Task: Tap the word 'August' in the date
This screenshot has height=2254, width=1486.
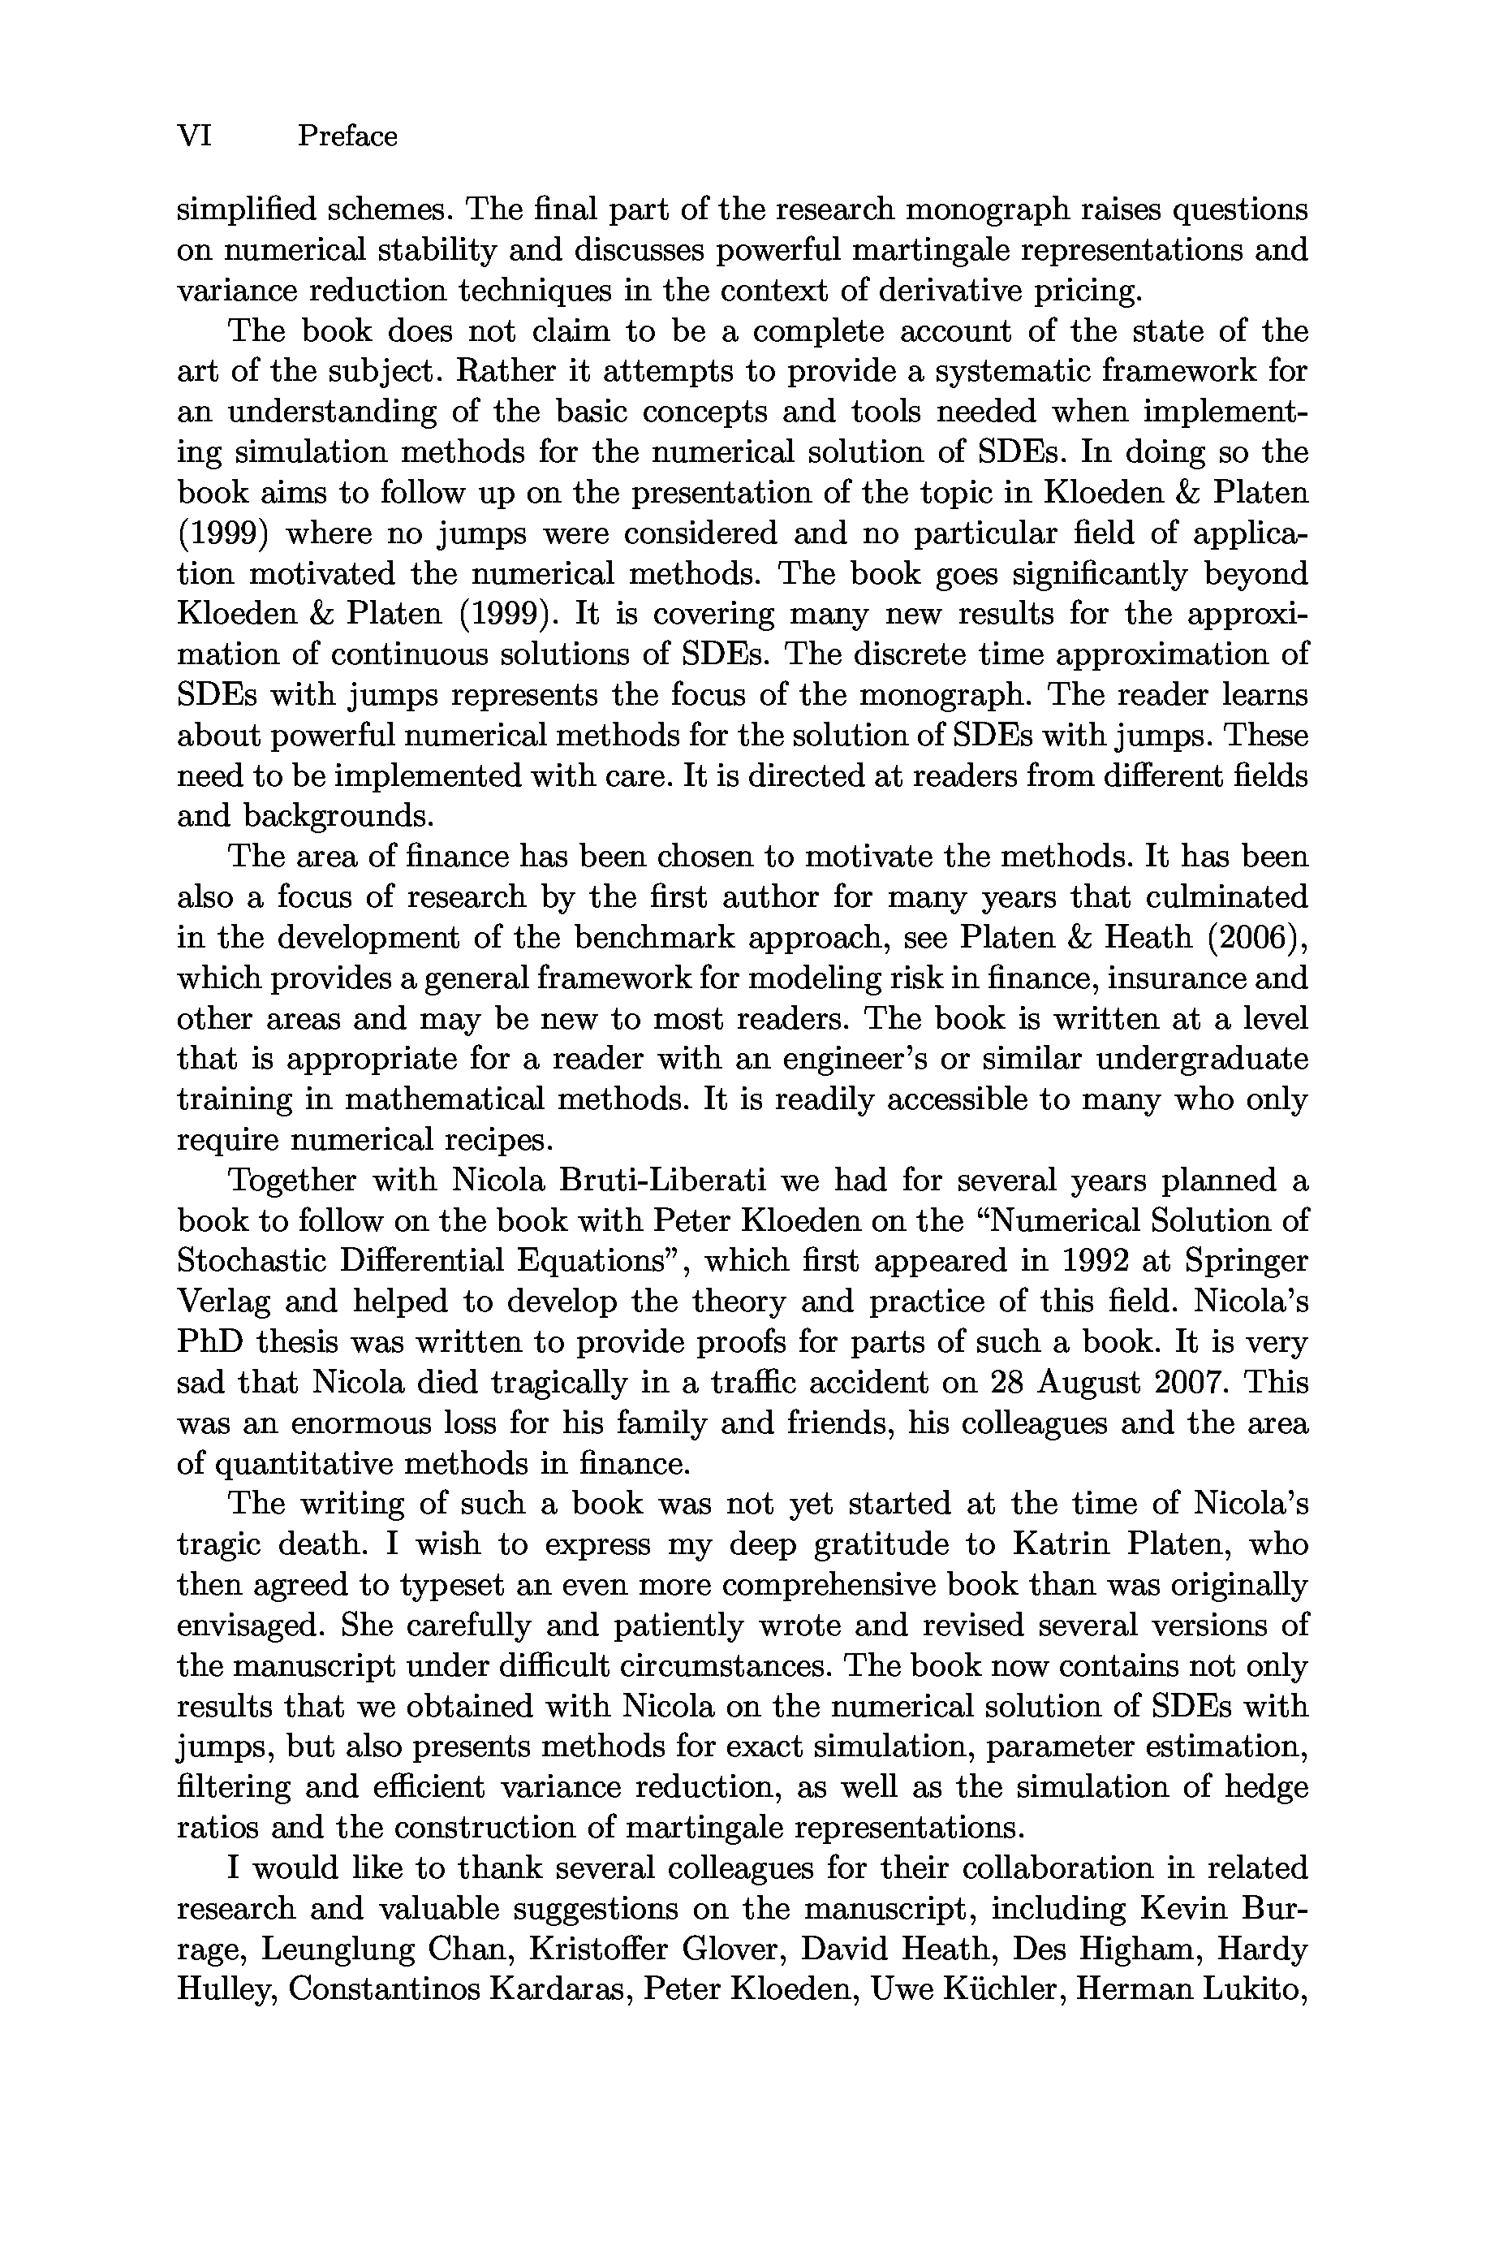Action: click(1089, 1383)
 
